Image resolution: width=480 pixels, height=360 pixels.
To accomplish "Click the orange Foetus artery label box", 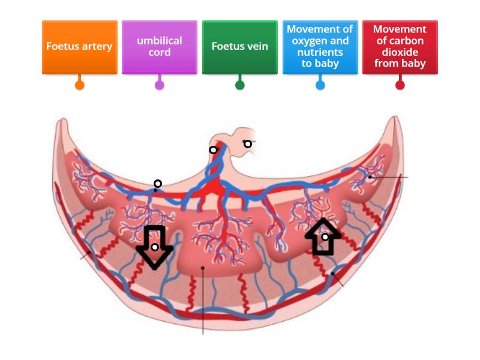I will tap(79, 47).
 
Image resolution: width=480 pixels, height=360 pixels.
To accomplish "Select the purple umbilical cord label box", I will tap(160, 47).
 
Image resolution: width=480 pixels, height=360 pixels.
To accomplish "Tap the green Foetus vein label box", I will tap(239, 47).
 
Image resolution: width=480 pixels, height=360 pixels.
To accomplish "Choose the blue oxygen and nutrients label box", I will tap(320, 47).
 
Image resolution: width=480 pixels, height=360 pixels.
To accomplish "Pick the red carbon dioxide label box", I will tap(400, 47).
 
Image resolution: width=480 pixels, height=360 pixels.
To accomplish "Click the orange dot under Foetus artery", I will tap(79, 85).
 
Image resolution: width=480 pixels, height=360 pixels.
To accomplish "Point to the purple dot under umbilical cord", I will tap(160, 85).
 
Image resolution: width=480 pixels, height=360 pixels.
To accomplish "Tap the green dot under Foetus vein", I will tap(239, 85).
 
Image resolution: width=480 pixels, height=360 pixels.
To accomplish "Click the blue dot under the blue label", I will tap(320, 85).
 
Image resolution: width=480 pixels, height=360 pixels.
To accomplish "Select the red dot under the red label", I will tap(400, 85).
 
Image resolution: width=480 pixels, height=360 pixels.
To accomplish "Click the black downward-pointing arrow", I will tap(155, 252).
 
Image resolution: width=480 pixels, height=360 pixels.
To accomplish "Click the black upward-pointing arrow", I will tap(323, 231).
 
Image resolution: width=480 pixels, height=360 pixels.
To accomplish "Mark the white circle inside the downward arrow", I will tap(155, 247).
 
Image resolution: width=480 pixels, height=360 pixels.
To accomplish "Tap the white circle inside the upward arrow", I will tap(325, 237).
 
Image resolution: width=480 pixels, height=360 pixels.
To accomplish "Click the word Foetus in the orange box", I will tap(62, 46).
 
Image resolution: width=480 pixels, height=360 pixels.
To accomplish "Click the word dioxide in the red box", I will tap(400, 52).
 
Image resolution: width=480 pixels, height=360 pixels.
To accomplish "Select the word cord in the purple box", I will tap(160, 52).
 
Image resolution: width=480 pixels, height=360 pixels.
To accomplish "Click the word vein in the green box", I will tap(256, 46).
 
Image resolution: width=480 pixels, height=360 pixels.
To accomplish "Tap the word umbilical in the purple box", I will tap(160, 41).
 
